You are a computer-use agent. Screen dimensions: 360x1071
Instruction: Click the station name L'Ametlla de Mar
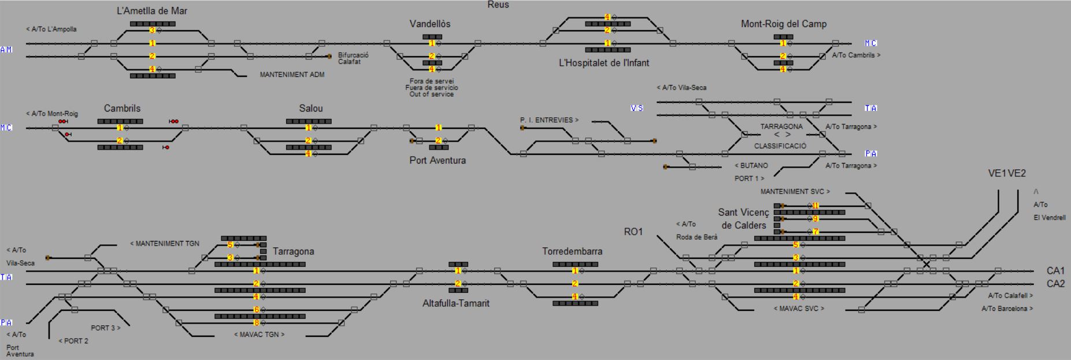click(x=152, y=11)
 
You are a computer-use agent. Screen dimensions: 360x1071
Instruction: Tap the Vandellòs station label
click(x=429, y=24)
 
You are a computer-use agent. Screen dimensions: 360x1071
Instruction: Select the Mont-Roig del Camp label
click(x=783, y=24)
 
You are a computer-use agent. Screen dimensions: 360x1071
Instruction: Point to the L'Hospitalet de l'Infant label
click(x=603, y=62)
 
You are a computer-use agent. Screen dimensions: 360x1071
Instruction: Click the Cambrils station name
click(x=122, y=108)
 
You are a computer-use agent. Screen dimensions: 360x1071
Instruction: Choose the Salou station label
click(x=310, y=108)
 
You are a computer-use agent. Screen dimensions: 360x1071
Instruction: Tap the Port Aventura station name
click(x=438, y=160)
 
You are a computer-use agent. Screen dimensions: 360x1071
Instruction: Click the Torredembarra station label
click(x=572, y=251)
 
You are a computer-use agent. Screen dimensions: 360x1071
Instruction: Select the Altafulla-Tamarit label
click(x=455, y=303)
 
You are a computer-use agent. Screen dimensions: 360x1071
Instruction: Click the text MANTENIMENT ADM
click(x=292, y=75)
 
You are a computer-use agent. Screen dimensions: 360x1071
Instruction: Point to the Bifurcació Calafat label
click(x=353, y=58)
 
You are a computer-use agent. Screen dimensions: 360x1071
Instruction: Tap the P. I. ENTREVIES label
click(x=549, y=120)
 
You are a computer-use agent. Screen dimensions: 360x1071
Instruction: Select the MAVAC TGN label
click(x=259, y=335)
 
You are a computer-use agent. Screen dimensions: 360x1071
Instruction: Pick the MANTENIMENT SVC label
click(x=795, y=191)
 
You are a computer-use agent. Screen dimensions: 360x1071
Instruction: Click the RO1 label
click(x=633, y=232)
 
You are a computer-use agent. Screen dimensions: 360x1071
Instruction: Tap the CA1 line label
click(x=1055, y=270)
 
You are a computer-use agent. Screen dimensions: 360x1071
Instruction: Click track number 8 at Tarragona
click(x=257, y=323)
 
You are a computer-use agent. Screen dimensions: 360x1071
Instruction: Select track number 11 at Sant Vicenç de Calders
click(x=816, y=206)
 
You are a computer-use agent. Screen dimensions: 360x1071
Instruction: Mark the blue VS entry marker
click(x=636, y=108)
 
